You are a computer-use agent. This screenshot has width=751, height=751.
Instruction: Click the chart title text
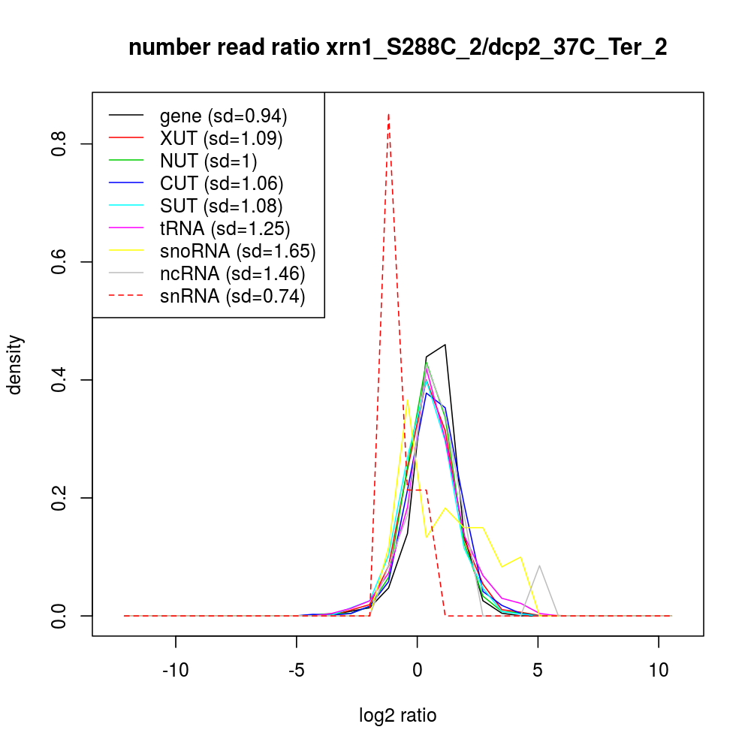tap(397, 48)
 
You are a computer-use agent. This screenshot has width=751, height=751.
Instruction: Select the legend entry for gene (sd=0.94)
tap(223, 116)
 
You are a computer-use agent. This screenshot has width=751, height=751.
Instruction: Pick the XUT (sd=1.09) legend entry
tap(221, 138)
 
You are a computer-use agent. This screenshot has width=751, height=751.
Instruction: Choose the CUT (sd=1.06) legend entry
tap(221, 183)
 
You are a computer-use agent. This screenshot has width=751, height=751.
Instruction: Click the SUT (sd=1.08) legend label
tap(221, 206)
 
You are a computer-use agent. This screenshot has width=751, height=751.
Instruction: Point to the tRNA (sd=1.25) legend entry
tap(225, 228)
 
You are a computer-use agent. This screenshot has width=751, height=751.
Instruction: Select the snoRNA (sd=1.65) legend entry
tap(237, 251)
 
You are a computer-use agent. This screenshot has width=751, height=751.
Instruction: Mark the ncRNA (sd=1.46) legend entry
tap(232, 273)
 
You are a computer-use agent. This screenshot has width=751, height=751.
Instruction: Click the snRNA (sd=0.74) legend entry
tap(232, 296)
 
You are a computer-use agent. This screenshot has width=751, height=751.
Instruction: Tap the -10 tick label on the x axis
tap(176, 670)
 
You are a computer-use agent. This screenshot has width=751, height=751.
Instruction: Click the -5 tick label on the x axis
tap(297, 670)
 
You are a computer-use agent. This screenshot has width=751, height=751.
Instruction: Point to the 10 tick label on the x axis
tap(659, 670)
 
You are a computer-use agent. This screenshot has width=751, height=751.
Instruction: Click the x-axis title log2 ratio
tap(397, 715)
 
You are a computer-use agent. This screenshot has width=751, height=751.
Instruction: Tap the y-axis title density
tap(16, 364)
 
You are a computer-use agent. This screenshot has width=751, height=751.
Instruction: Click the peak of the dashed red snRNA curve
tap(388, 115)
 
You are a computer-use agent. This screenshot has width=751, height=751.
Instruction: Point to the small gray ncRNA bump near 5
tap(539, 566)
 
